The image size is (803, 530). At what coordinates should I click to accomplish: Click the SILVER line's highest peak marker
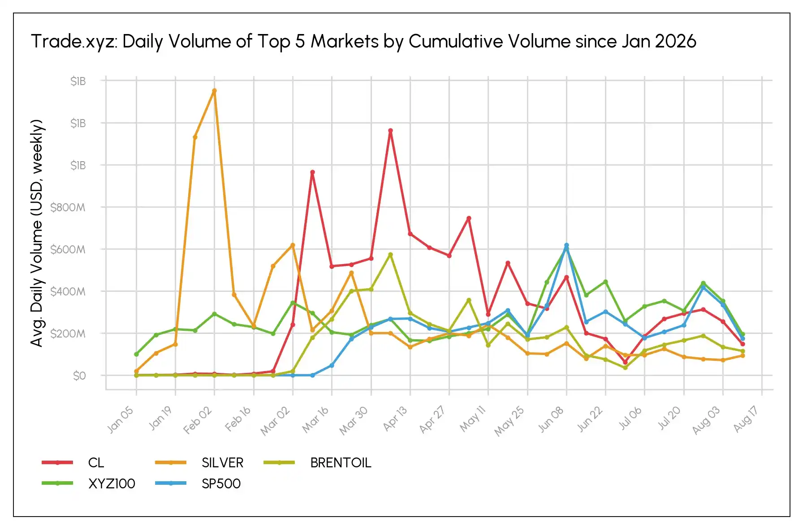[214, 90]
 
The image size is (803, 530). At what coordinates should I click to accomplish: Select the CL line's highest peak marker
[390, 131]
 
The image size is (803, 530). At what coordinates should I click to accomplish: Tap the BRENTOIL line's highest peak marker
[390, 255]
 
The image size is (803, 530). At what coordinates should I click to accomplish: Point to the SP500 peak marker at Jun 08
[566, 245]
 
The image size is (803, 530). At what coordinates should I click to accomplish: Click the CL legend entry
[73, 462]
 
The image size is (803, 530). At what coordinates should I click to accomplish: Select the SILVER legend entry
[199, 462]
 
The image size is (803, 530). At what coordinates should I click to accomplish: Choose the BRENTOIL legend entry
[318, 462]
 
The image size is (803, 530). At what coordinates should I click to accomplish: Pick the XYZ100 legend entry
[88, 483]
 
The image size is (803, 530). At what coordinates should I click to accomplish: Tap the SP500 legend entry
[198, 483]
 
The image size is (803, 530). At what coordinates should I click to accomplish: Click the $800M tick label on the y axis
[68, 207]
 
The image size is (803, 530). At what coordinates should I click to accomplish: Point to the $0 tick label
[79, 376]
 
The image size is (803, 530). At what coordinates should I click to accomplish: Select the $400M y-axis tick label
[68, 291]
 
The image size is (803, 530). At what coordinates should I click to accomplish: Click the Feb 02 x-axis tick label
[198, 420]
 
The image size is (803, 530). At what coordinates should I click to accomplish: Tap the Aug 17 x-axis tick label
[746, 419]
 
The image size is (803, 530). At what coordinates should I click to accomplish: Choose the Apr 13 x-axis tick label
[395, 419]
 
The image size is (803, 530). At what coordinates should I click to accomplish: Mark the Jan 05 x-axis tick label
[120, 419]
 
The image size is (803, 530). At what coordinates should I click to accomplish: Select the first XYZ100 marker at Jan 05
[136, 354]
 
